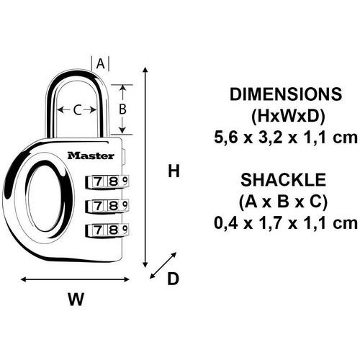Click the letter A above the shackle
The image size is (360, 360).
[101, 64]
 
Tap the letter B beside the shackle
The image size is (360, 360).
[122, 109]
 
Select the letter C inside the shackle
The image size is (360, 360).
[77, 110]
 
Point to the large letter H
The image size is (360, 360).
[174, 171]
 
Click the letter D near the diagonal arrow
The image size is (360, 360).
[173, 279]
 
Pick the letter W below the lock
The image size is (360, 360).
[76, 299]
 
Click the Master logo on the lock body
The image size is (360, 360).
[91, 156]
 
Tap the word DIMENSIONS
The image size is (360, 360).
[286, 94]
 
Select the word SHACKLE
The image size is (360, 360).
[284, 180]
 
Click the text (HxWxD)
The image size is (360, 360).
[288, 117]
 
